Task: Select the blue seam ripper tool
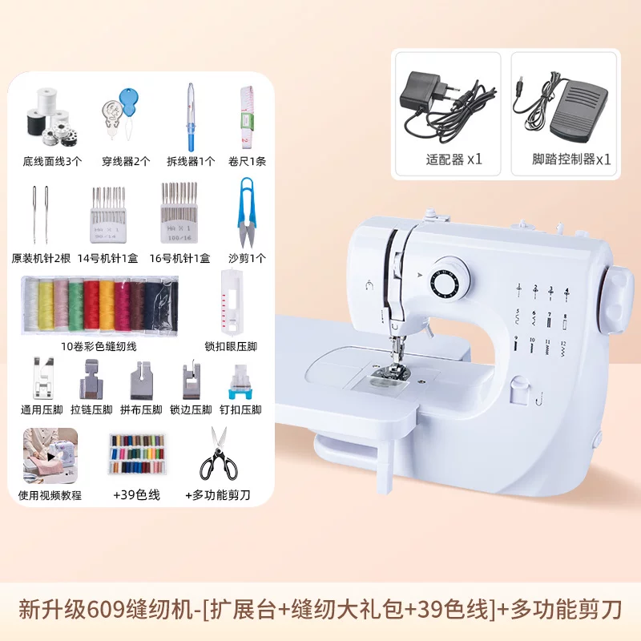(191, 117)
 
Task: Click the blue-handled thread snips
(246, 212)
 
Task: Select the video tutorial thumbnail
(50, 455)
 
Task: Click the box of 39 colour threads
(138, 454)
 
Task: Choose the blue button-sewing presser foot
(240, 383)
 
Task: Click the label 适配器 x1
(454, 159)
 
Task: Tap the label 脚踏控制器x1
(571, 159)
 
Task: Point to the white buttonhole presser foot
(232, 302)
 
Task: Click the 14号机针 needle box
(107, 215)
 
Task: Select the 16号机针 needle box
(179, 212)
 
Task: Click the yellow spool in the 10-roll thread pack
(46, 304)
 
